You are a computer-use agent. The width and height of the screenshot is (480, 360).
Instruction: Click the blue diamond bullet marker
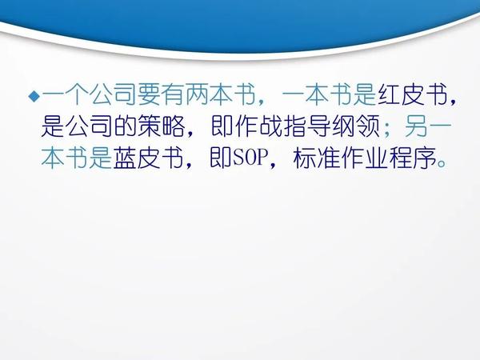(x=34, y=97)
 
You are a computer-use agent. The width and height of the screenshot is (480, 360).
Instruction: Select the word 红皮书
(x=413, y=95)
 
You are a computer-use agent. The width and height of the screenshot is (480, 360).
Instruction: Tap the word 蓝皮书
(x=148, y=158)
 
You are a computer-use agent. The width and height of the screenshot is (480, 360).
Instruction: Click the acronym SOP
(x=249, y=158)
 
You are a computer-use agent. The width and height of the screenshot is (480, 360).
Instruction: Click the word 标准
(x=317, y=158)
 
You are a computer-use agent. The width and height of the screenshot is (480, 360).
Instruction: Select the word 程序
(x=414, y=158)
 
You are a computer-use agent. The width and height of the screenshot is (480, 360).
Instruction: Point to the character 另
(x=416, y=126)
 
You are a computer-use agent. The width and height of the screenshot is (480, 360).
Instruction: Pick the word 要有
(x=161, y=95)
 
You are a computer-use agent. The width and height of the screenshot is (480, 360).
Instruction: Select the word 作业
(x=365, y=158)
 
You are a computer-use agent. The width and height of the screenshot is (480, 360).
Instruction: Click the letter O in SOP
(x=249, y=158)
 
